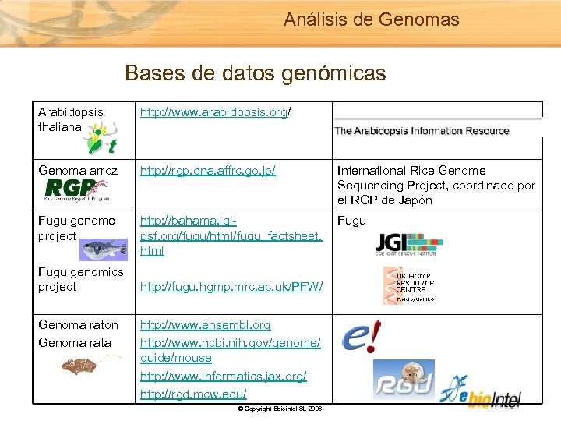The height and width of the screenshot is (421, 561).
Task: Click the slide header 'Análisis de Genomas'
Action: point(371,19)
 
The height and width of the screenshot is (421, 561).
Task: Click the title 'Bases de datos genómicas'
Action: point(255,73)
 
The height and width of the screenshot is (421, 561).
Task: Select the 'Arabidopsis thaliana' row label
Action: point(70,119)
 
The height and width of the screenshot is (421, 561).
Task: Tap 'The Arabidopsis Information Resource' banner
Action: point(422,131)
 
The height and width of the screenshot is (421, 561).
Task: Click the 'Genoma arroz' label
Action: point(78,170)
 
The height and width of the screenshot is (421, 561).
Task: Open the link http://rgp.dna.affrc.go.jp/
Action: point(207,170)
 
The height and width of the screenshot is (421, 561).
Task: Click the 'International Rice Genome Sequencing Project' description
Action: point(436,185)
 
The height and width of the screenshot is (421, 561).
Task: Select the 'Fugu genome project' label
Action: point(76,228)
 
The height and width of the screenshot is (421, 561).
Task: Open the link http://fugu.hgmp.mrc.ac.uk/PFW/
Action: point(231,288)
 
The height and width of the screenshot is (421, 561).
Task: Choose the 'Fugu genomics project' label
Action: point(80,279)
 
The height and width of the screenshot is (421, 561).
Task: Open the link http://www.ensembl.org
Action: point(205,324)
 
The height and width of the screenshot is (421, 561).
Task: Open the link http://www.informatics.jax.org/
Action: point(223,377)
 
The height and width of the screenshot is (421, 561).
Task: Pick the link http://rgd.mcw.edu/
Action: point(193,394)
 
